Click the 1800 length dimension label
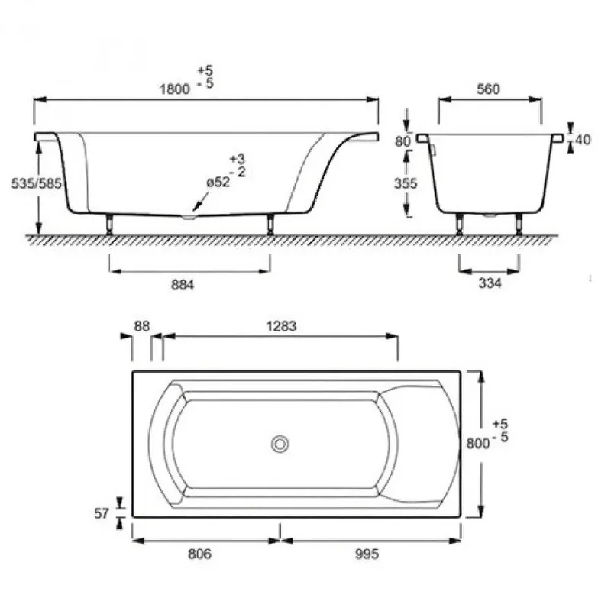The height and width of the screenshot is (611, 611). tap(175, 89)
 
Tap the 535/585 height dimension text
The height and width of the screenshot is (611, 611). tap(36, 183)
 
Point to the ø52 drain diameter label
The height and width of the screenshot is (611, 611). tap(218, 182)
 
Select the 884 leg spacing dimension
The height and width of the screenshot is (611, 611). tap(183, 285)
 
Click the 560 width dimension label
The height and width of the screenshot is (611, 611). tap(488, 89)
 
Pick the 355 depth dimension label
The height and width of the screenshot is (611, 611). tap(406, 183)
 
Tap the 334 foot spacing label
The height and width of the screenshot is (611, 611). tap(490, 283)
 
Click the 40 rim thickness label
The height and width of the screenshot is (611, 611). tap(583, 140)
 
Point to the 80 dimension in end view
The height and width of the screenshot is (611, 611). tap(403, 141)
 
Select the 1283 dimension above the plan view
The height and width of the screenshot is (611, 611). tap(281, 326)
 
